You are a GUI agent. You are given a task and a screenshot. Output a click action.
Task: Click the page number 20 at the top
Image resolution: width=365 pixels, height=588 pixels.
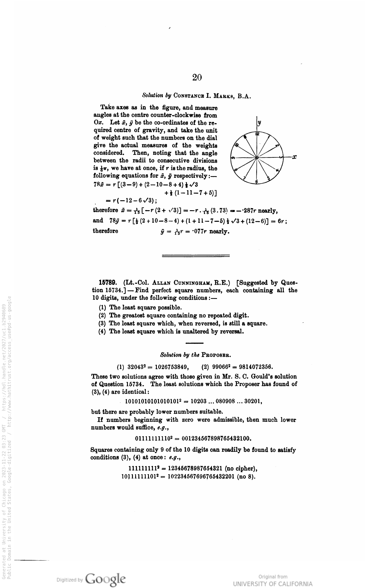pos(197,77)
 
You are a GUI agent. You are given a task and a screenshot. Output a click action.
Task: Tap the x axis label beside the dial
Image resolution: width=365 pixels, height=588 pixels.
pos(294,157)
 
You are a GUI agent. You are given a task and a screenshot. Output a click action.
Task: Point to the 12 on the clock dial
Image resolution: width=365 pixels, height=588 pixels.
pos(257,134)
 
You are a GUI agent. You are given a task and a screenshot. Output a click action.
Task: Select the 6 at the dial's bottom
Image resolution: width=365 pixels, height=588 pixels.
pos(257,182)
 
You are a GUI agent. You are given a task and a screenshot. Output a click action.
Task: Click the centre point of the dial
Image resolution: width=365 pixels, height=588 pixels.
pos(257,158)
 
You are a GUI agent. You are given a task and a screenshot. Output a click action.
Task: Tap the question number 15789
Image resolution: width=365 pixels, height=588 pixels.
pos(108,283)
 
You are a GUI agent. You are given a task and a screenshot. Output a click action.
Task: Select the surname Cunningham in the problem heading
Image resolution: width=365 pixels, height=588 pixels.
pos(193,283)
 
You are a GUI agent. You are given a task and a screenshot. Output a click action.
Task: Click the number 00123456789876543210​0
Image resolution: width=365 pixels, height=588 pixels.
pos(217,439)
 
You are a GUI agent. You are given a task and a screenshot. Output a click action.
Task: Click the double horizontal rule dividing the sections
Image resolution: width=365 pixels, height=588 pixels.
pos(195,256)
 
